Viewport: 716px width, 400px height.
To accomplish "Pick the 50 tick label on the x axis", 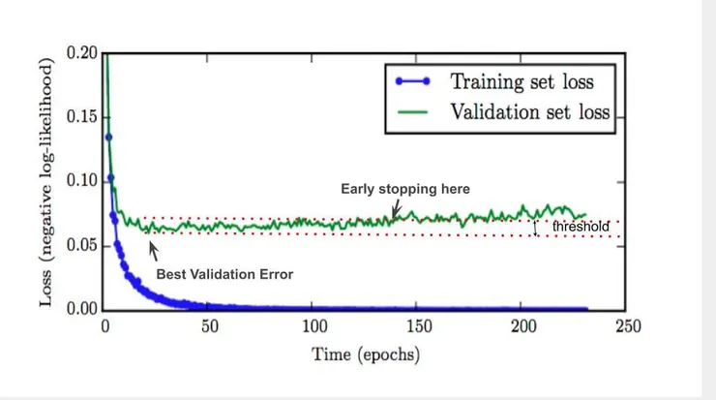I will point(209,327).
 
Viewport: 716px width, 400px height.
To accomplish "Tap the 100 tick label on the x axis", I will point(313,327).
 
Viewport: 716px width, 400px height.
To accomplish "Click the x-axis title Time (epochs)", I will point(366,354).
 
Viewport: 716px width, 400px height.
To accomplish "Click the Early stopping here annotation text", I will point(405,188).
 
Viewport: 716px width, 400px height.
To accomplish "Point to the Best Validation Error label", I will point(224,274).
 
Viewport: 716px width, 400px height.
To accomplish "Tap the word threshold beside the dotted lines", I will point(581,227).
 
